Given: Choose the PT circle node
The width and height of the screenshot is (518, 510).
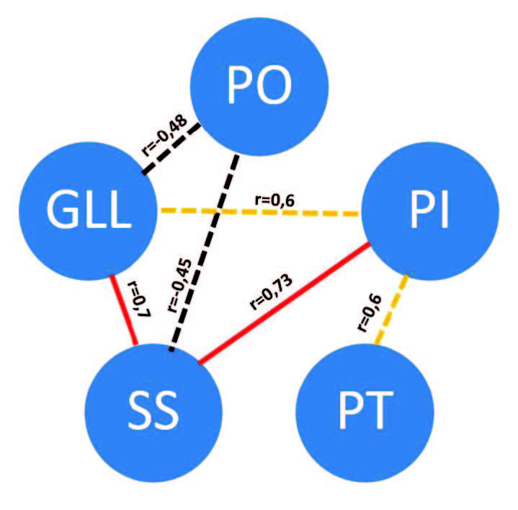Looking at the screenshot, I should click(x=364, y=408).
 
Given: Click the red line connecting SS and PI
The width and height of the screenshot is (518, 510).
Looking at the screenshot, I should click(x=288, y=303).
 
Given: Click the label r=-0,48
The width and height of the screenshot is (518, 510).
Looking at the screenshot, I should click(x=165, y=134).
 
